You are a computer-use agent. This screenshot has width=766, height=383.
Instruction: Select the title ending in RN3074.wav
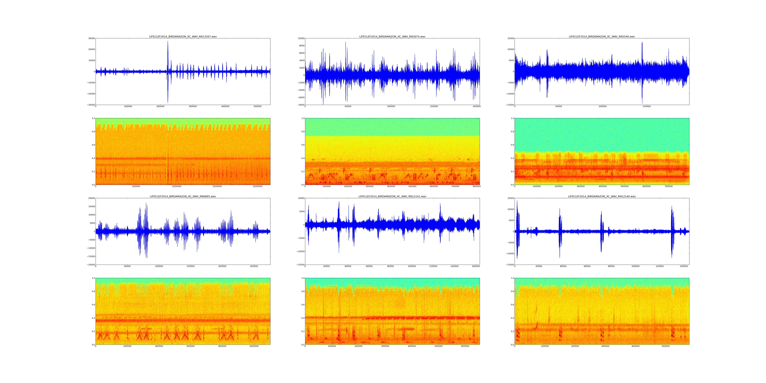(x=392, y=37)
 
